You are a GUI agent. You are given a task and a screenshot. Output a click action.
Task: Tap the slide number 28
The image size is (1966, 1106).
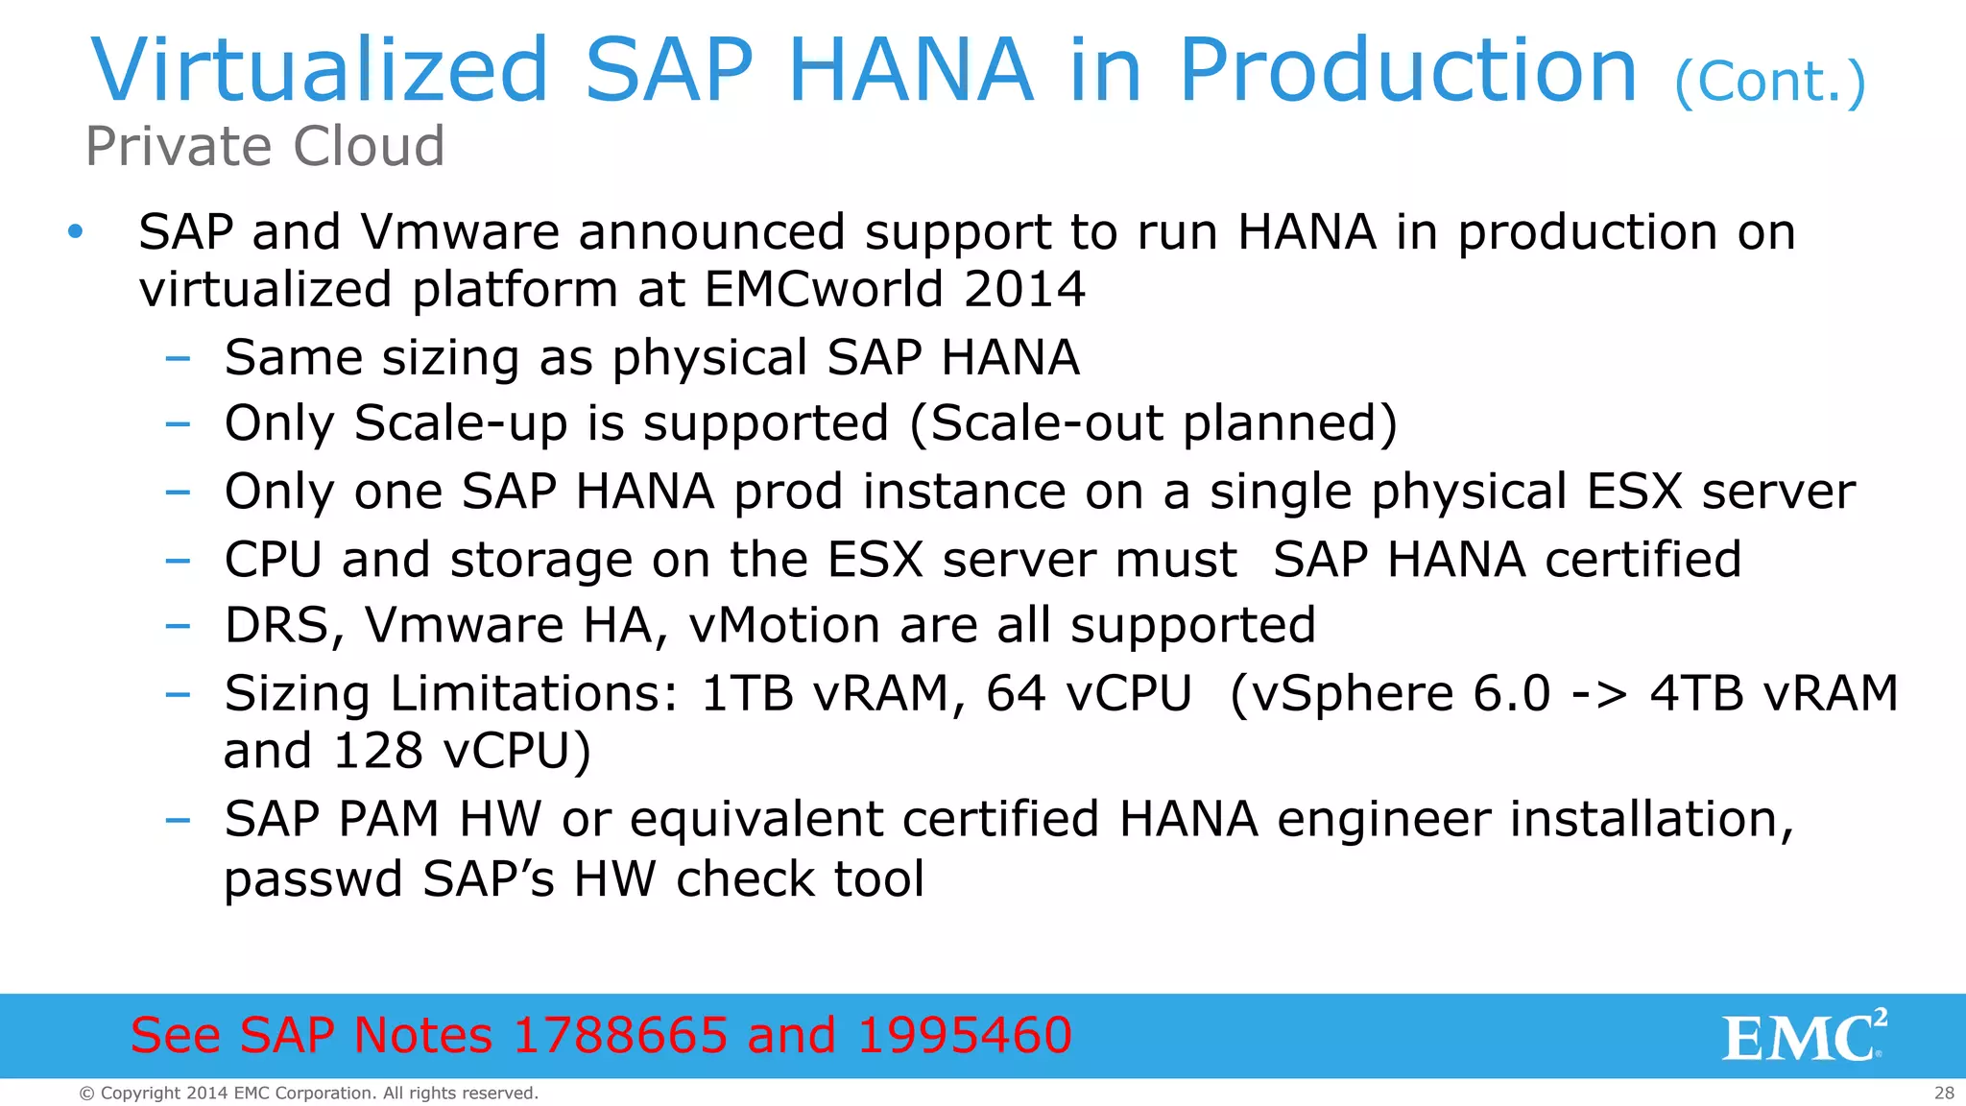[1944, 1093]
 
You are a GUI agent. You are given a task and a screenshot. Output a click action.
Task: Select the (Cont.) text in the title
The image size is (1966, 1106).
[1769, 82]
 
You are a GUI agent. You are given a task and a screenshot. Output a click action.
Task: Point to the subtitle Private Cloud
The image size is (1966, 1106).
[265, 146]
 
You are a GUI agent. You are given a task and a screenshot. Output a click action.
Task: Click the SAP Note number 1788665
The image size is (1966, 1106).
[620, 1035]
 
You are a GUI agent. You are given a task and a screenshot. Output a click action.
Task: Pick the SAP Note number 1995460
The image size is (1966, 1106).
[964, 1035]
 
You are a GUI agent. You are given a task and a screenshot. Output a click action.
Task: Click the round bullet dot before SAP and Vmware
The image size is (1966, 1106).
[76, 231]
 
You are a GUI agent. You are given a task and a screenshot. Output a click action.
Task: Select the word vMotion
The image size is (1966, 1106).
[784, 626]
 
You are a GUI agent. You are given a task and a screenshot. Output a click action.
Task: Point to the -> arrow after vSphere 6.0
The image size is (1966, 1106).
[1599, 694]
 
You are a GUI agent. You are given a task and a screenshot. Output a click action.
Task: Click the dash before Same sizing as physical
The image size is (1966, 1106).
[178, 358]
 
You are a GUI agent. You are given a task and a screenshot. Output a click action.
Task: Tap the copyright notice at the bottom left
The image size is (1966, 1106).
[308, 1093]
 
